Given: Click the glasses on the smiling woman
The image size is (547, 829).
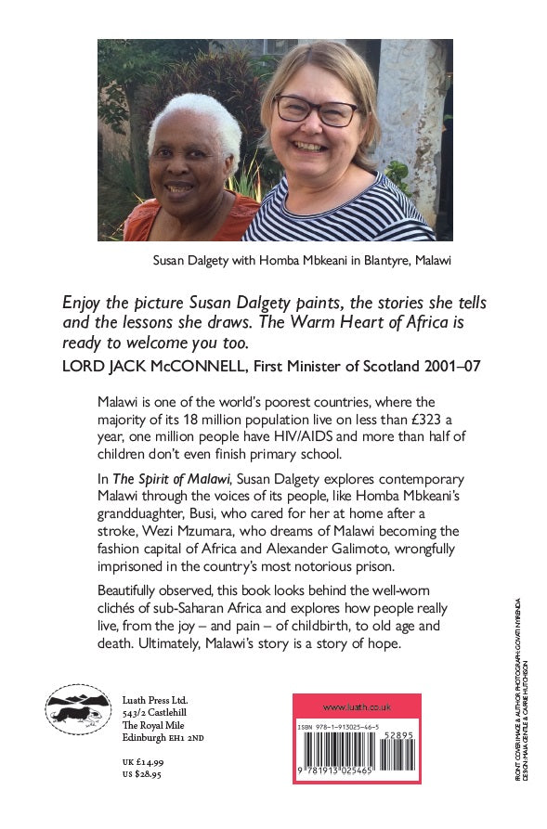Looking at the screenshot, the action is coord(316,110).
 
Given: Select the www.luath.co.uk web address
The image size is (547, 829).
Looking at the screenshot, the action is coord(357,706).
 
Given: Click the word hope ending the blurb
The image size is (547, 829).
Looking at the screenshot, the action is coord(402,643).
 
